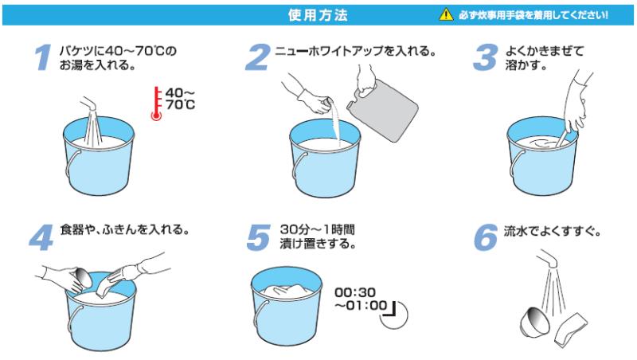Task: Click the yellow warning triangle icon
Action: (446, 14)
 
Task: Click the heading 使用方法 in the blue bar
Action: (318, 15)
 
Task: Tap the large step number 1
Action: (44, 57)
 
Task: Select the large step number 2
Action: (257, 57)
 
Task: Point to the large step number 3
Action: (485, 57)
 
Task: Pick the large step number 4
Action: (41, 237)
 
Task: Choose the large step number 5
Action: (258, 237)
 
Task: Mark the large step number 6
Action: (486, 237)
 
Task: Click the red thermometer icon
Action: (156, 104)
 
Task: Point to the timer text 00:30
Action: (355, 292)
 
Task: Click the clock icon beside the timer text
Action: (393, 315)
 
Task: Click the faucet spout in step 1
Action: (88, 104)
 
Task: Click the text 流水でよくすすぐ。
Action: (553, 231)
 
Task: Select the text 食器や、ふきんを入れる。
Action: (125, 229)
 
